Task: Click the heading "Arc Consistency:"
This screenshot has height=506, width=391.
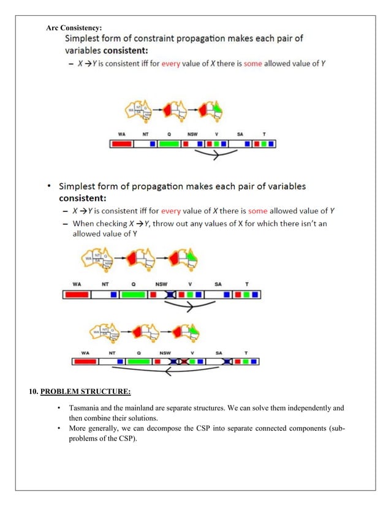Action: (74, 28)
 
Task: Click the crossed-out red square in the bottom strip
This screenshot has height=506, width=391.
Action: (182, 362)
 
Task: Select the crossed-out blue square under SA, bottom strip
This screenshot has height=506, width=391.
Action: (227, 362)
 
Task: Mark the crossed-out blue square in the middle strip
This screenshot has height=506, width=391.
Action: (170, 295)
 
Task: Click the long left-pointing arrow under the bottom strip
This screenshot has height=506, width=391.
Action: (165, 370)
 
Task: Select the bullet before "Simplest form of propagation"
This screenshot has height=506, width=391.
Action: (48, 186)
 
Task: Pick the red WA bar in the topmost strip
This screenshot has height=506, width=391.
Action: (122, 144)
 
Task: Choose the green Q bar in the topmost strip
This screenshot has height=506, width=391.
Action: (169, 144)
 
